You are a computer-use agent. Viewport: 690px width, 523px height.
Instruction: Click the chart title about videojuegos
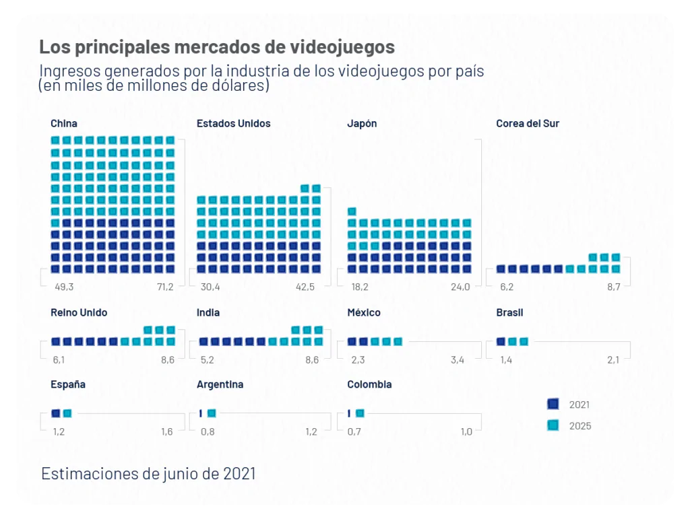(x=216, y=48)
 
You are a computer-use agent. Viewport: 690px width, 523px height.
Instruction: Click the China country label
(x=63, y=123)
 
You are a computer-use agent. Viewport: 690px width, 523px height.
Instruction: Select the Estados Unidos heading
(x=233, y=123)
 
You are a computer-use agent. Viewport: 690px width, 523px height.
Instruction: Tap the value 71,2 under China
(x=164, y=287)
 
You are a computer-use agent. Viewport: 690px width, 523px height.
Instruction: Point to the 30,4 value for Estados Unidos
(x=210, y=287)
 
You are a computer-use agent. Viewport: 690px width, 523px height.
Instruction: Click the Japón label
(x=362, y=123)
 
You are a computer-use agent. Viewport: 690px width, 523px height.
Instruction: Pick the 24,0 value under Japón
(x=461, y=287)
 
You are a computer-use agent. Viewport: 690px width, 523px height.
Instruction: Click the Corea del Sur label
(x=528, y=123)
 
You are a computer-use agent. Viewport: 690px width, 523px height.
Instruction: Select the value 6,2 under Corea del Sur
(x=507, y=287)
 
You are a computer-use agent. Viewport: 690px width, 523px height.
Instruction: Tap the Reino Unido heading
(x=78, y=312)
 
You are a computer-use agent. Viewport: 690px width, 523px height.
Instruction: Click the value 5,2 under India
(x=208, y=360)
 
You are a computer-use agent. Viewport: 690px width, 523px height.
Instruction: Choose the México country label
(x=364, y=312)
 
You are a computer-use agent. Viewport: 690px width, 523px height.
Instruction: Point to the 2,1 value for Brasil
(x=613, y=360)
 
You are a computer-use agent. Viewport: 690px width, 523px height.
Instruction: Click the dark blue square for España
(x=56, y=413)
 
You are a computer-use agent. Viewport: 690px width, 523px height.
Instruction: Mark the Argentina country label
(x=220, y=384)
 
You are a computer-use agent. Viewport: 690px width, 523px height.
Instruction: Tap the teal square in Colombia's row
(x=360, y=413)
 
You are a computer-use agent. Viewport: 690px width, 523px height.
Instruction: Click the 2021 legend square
(x=553, y=404)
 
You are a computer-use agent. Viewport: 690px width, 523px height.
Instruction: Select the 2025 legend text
(x=580, y=425)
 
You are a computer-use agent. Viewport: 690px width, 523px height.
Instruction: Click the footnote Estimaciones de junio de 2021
(x=148, y=473)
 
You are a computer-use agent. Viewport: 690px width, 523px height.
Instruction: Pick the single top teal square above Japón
(x=352, y=211)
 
